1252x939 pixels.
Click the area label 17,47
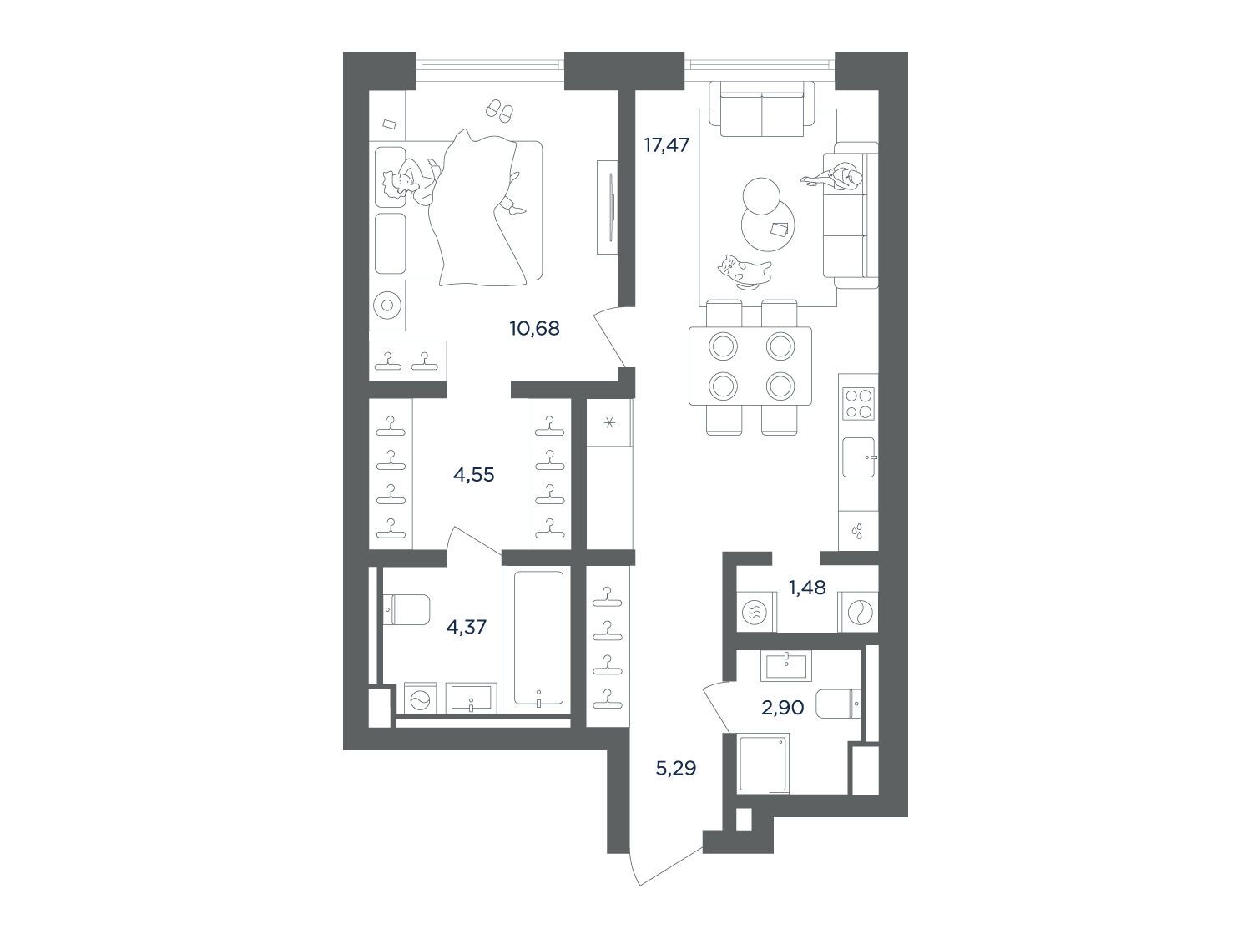(x=666, y=144)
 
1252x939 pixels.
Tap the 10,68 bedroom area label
(x=534, y=328)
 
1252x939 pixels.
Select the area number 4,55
(x=473, y=474)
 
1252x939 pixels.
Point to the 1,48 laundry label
(x=807, y=588)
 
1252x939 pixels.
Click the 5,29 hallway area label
(x=676, y=769)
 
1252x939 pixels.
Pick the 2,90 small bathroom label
(x=783, y=708)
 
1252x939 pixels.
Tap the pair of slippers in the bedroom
(x=499, y=109)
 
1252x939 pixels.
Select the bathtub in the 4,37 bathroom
(x=538, y=638)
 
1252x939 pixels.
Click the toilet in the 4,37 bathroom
(x=406, y=609)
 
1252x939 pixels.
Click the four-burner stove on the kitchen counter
(x=858, y=404)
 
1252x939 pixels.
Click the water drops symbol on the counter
(x=856, y=532)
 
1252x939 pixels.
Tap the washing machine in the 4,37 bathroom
(x=421, y=699)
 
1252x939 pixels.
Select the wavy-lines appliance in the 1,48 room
(x=755, y=612)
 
